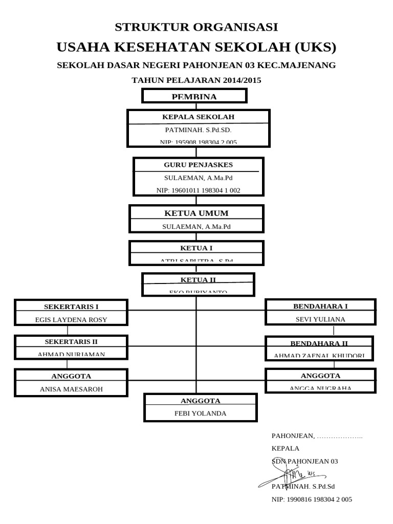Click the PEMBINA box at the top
[194, 96]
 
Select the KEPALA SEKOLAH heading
[198, 117]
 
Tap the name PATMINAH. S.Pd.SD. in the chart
[198, 130]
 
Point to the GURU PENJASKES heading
[198, 165]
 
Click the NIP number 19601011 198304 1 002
[198, 190]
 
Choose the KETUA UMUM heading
[196, 213]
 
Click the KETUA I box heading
[196, 248]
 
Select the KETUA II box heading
[198, 279]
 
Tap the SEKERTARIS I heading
[71, 307]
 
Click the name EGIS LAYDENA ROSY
[71, 319]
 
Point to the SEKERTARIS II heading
[71, 341]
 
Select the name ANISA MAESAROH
[71, 389]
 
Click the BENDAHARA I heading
[320, 306]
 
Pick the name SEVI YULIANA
[320, 319]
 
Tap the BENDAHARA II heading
[319, 343]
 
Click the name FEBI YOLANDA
[200, 413]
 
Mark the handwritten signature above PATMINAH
[287, 476]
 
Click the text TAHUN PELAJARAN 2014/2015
[196, 80]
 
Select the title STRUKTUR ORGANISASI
[196, 27]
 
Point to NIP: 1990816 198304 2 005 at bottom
[311, 499]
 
